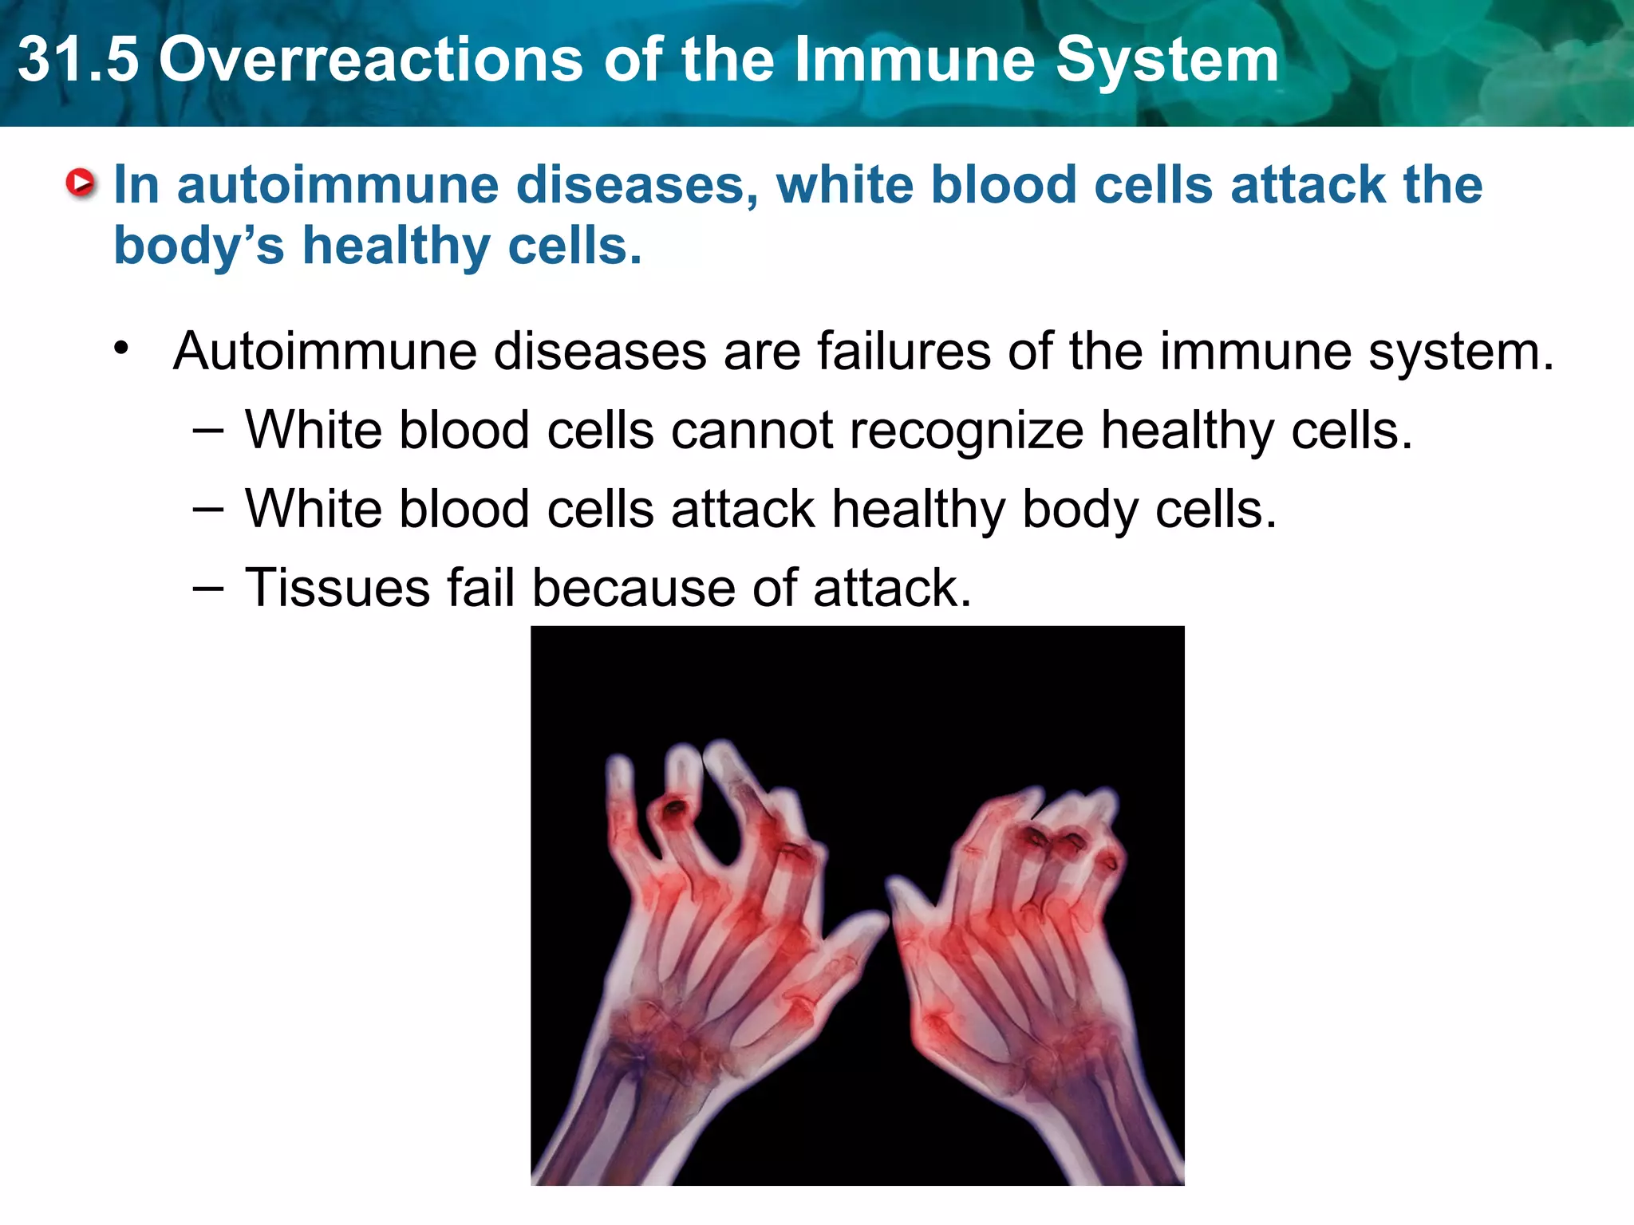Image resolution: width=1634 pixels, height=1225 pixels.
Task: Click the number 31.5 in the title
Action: pos(77,61)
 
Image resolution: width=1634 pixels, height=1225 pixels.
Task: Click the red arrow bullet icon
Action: pos(81,183)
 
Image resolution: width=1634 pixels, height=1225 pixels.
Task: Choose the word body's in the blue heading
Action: pos(199,246)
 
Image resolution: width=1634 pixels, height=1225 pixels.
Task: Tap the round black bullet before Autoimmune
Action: pos(121,348)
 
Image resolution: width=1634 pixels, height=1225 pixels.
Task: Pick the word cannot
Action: pos(752,431)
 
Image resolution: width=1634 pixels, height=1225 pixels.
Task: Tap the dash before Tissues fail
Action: pos(207,589)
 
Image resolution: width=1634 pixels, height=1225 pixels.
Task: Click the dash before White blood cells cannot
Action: pos(207,431)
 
